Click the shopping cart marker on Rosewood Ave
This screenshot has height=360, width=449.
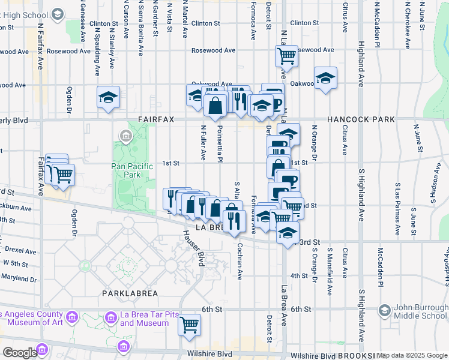(x=287, y=56)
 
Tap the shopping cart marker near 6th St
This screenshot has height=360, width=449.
(x=190, y=325)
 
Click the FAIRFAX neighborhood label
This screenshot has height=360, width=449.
(x=155, y=119)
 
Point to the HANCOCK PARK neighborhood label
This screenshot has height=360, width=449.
(x=361, y=119)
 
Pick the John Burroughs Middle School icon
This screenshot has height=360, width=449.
(x=385, y=310)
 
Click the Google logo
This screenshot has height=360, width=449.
(x=20, y=352)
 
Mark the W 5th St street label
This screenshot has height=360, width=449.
(x=16, y=263)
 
